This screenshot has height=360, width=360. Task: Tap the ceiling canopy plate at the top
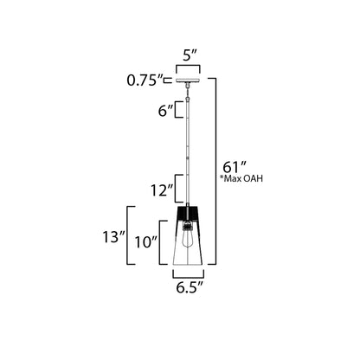pyautogui.click(x=187, y=83)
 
